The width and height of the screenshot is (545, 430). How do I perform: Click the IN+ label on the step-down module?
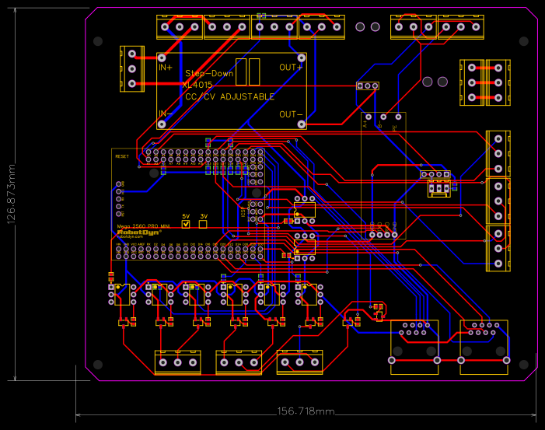(166, 68)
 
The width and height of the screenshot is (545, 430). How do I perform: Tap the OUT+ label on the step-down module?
(291, 68)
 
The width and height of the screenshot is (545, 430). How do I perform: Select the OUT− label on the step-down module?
(291, 114)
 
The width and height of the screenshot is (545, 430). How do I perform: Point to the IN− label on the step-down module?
(166, 114)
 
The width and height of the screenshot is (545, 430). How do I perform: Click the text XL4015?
(197, 85)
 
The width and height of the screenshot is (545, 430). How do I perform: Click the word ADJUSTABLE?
(247, 96)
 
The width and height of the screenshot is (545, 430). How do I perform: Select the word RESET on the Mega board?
(122, 156)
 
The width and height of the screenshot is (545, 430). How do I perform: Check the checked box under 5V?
(186, 224)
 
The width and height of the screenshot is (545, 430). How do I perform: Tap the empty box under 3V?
(203, 224)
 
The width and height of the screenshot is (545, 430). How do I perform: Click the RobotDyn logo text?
(134, 232)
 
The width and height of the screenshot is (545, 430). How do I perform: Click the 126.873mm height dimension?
(11, 194)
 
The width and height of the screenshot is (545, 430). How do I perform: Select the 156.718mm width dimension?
(306, 411)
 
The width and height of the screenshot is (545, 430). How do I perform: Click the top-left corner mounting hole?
(98, 40)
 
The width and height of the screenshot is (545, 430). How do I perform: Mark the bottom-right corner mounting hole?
(525, 364)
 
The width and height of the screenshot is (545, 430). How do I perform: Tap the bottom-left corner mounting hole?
(98, 364)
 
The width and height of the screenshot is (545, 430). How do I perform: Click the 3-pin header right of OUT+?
(367, 86)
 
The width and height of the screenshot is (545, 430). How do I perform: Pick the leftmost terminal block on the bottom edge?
(177, 362)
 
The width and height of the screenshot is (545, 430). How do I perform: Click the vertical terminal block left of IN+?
(131, 68)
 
